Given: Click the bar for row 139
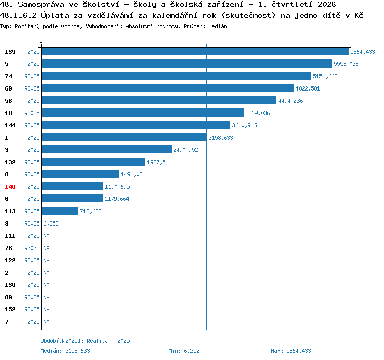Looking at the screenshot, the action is click(195, 52).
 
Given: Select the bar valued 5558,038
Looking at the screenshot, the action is click(187, 64).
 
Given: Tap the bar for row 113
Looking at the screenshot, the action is click(60, 211).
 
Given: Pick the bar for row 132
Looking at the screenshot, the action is click(94, 162).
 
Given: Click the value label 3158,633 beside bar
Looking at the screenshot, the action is click(221, 138).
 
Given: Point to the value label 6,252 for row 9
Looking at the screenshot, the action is click(51, 223).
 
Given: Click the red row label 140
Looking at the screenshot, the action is click(10, 187).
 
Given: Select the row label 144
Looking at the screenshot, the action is click(10, 125).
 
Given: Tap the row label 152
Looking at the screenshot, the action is click(10, 309).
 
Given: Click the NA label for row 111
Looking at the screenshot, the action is click(46, 236).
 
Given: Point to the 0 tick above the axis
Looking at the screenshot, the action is click(41, 41).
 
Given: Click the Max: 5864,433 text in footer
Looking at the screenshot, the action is click(291, 351).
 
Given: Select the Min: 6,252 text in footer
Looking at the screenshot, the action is click(184, 351).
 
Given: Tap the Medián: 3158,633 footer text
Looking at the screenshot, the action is click(65, 351).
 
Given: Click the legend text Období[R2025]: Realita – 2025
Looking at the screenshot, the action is click(85, 341).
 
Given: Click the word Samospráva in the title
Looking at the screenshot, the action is click(41, 5).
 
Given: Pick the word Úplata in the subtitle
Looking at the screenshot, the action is click(55, 15).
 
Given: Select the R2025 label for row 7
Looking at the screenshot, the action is click(32, 322).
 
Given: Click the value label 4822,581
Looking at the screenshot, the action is click(308, 88).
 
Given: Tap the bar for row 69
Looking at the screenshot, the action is click(168, 88).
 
